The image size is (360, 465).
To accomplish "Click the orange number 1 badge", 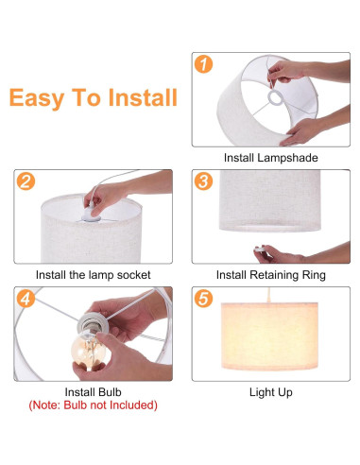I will point(203,65).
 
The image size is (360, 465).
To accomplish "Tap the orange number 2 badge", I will point(26,181).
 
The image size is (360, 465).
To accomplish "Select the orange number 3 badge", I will point(203,181).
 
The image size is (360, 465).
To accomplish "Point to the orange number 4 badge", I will point(26,300).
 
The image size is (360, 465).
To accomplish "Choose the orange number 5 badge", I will point(203,300).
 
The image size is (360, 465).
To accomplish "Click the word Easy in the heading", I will point(37,98).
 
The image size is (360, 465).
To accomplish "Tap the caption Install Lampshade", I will point(270,158).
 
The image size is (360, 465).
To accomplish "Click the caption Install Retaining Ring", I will point(270,275).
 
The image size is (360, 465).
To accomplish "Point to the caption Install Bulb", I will point(92,391).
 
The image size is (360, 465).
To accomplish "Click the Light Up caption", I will point(270,391).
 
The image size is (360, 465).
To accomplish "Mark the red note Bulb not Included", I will point(92,405).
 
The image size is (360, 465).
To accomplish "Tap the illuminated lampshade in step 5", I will point(270,337).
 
